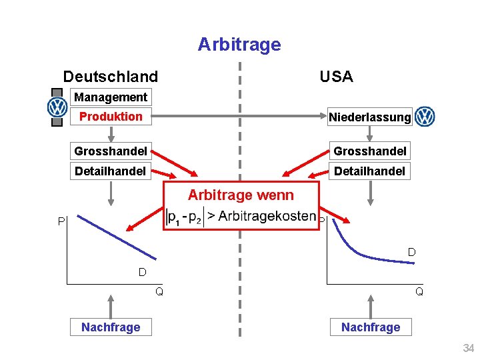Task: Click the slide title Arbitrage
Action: tap(239, 45)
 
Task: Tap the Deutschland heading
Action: tap(110, 77)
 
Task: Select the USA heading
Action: tap(336, 77)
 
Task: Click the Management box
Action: tap(111, 97)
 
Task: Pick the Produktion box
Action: tap(111, 117)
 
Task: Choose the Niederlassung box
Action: tap(369, 117)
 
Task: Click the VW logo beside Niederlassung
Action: tap(425, 117)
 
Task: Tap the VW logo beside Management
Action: tap(57, 107)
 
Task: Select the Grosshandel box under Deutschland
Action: tap(111, 151)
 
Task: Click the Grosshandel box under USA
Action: tap(369, 151)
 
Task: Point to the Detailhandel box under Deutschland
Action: tap(111, 171)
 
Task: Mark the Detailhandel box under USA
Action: tap(369, 171)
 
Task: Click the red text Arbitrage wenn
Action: tap(240, 195)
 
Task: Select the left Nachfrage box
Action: tap(111, 327)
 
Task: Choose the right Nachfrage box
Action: tap(371, 327)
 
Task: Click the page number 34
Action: tap(468, 349)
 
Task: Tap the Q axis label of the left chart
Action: tap(159, 291)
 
